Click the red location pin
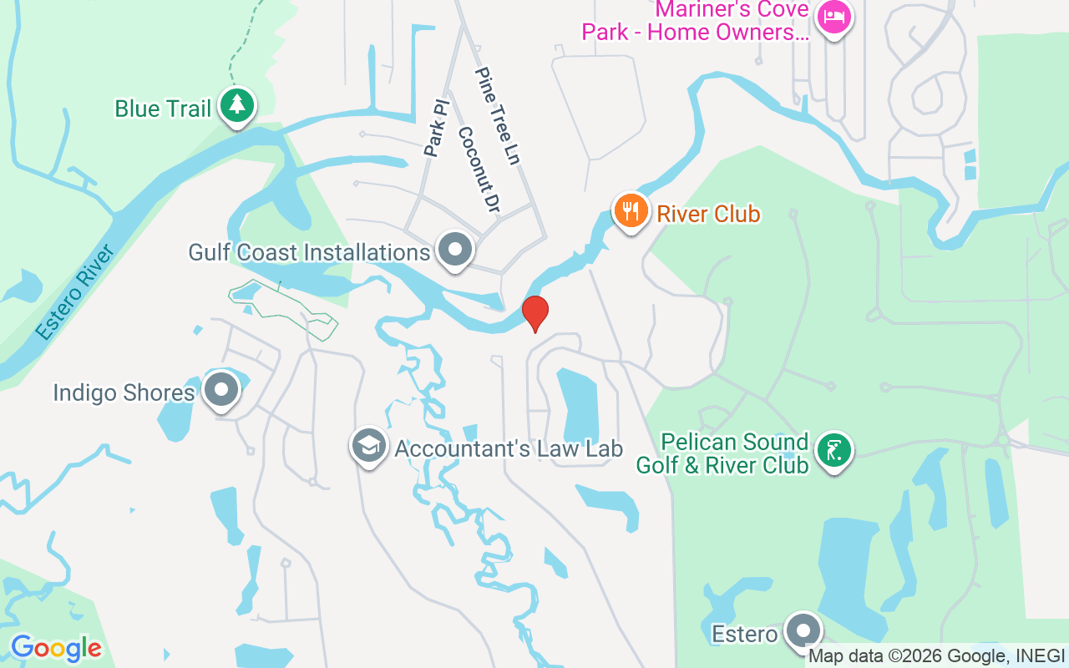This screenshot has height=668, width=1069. [535, 313]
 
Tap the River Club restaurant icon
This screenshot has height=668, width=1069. [631, 210]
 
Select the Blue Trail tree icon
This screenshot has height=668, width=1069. [238, 106]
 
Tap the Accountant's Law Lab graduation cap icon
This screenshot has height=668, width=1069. [368, 446]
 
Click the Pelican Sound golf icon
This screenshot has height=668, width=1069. [833, 451]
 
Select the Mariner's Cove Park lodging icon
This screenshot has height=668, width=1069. [833, 17]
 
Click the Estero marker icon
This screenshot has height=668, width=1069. [803, 631]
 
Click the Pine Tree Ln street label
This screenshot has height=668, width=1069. [498, 115]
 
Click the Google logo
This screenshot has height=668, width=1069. [56, 648]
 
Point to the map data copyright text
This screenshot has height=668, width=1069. [936, 656]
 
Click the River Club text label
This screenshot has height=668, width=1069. [708, 214]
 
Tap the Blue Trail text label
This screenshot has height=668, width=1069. [162, 109]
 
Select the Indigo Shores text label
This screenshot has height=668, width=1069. [124, 392]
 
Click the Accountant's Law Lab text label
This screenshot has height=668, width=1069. [509, 448]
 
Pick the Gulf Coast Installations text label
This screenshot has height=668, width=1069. [309, 251]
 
